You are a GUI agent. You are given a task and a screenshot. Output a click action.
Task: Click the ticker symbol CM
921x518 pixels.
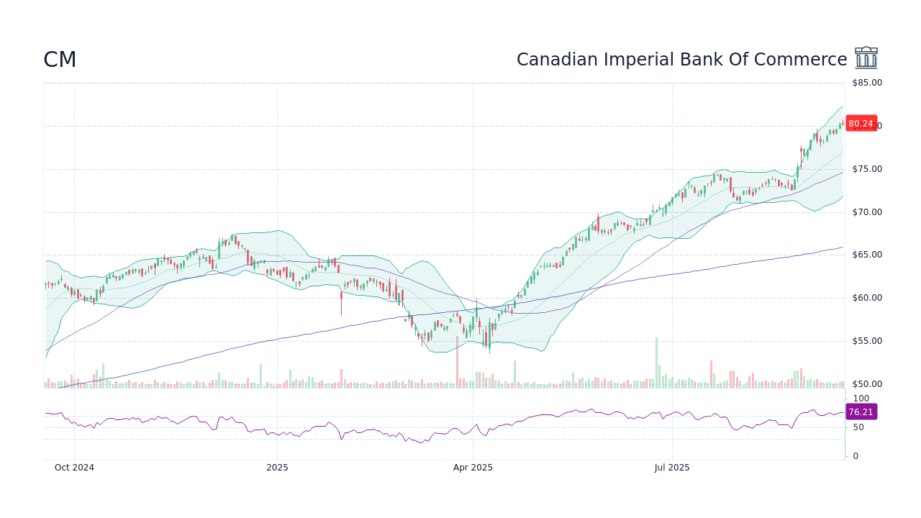click(x=60, y=60)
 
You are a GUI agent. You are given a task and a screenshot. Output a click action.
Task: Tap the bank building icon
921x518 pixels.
click(x=866, y=58)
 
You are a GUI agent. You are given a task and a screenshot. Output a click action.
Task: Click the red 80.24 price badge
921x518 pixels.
click(x=861, y=124)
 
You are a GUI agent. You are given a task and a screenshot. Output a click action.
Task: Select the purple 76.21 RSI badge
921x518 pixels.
click(x=861, y=412)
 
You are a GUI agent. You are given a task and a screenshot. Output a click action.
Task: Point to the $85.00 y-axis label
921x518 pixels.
click(x=866, y=83)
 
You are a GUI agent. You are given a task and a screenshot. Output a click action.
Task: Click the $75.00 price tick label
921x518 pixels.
click(x=866, y=169)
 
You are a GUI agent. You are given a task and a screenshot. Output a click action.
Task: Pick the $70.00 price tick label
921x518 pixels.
click(x=866, y=212)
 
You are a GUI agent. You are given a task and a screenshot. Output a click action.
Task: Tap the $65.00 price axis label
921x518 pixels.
click(x=866, y=255)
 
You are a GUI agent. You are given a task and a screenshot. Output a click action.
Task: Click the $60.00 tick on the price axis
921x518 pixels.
click(x=866, y=298)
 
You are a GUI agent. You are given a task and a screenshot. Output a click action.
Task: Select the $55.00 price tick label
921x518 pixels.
click(x=866, y=341)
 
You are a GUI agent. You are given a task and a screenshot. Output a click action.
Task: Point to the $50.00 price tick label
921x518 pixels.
click(x=866, y=384)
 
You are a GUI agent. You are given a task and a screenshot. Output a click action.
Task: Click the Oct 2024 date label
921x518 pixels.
click(x=74, y=468)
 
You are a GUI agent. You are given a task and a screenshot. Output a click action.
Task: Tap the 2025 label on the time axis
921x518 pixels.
click(x=277, y=468)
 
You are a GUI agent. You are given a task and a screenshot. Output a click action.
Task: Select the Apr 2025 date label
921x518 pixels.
click(x=473, y=468)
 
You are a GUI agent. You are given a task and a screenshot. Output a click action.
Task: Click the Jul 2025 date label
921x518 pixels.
click(x=672, y=468)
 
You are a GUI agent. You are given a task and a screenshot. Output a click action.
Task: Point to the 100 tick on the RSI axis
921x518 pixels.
click(x=861, y=399)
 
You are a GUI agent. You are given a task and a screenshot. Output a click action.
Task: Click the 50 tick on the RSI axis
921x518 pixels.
click(x=858, y=427)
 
